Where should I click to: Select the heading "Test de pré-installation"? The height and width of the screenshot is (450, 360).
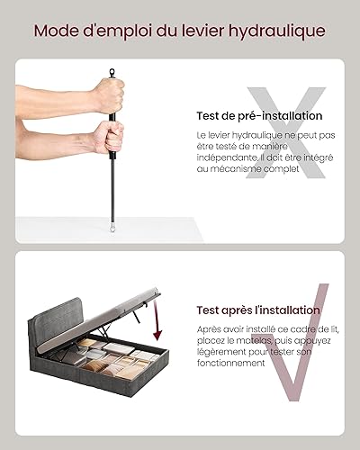coord(259,116)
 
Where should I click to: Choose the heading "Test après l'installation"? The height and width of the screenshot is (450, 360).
coord(258,310)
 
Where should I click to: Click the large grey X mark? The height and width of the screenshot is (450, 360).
coord(285,132)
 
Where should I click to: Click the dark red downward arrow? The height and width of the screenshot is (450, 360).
coord(157,321)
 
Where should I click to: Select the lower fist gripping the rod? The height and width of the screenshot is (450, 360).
coord(108,137)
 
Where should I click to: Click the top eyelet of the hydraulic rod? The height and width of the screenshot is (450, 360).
coord(112,72)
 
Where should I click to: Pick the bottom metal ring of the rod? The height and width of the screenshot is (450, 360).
coord(112,227)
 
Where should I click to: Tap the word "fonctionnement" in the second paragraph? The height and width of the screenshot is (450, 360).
coord(231,363)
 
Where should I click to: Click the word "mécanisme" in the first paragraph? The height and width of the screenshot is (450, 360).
coord(236,169)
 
